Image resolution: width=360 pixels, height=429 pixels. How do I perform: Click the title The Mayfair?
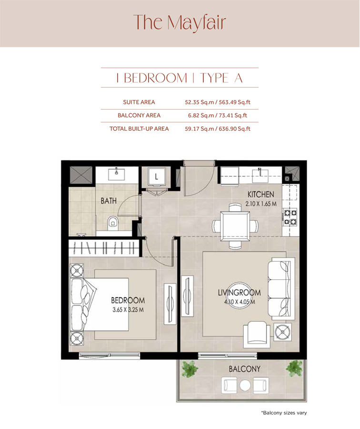pyautogui.click(x=180, y=22)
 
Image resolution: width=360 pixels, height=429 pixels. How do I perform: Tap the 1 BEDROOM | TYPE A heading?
pyautogui.click(x=180, y=78)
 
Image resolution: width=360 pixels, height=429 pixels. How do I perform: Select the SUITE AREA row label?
pyautogui.click(x=139, y=102)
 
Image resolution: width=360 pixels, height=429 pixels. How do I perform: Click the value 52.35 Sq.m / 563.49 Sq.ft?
pyautogui.click(x=218, y=102)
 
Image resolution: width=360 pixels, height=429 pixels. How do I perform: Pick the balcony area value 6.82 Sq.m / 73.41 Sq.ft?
pyautogui.click(x=218, y=115)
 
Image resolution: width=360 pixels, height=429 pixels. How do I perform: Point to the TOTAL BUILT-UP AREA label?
pyautogui.click(x=139, y=128)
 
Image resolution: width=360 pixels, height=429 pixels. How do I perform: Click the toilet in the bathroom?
pyautogui.click(x=112, y=222)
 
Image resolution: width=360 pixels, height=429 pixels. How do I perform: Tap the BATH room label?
pyautogui.click(x=109, y=201)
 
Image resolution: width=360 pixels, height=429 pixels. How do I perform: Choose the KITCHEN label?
pyautogui.click(x=260, y=194)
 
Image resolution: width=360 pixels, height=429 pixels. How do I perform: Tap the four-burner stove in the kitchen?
pyautogui.click(x=290, y=217)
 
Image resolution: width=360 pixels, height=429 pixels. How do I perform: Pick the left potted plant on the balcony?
pyautogui.click(x=190, y=368)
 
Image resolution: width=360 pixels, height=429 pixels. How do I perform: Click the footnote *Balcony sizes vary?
pyautogui.click(x=283, y=412)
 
